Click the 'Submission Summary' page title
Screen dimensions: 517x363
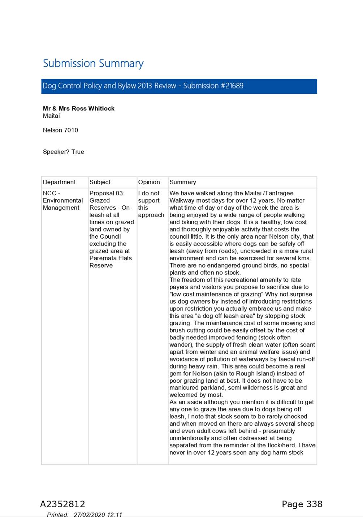(x=93, y=64)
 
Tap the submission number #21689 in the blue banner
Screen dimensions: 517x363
(x=232, y=86)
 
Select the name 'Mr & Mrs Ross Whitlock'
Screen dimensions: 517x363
(x=78, y=108)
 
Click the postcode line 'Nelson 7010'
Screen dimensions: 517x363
(x=60, y=130)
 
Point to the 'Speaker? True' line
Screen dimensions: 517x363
(x=63, y=152)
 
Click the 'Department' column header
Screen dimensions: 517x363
(x=59, y=182)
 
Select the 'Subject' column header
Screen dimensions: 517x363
(x=100, y=182)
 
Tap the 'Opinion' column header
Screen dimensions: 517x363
(x=149, y=182)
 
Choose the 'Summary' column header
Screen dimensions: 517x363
(x=183, y=182)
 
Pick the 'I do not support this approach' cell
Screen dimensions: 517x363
(x=151, y=204)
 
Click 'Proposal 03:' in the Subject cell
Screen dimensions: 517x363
(x=107, y=193)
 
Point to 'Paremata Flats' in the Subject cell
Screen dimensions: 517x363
(x=111, y=258)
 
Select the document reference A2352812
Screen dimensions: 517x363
(x=62, y=504)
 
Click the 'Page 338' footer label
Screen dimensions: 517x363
(x=302, y=504)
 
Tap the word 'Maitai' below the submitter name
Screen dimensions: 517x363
(x=51, y=116)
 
